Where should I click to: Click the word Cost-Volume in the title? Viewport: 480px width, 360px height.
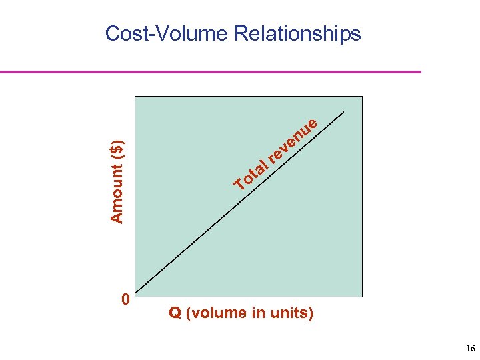coord(167,33)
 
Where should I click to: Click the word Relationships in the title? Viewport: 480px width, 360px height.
coord(297,33)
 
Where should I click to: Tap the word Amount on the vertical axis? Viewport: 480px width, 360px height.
coord(117,193)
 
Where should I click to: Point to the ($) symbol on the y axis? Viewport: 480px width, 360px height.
coord(117,149)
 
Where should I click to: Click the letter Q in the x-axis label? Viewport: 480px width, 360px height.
coord(175,313)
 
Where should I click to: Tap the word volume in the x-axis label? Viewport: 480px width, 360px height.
coord(222,313)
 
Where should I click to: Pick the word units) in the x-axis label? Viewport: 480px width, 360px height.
coord(292,313)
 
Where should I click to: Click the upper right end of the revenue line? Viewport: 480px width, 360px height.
coord(345,112)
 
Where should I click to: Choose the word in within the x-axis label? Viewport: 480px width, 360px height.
coord(257,313)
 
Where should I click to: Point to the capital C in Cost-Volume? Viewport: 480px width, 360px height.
coord(114,33)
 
